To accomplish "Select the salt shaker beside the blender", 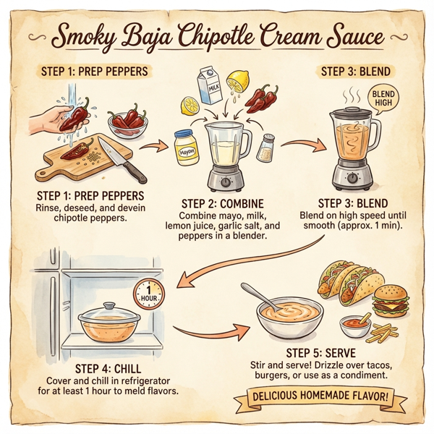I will point(265,148).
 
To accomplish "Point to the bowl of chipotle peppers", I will point(129,121).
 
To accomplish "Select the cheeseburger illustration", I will point(389,299).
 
